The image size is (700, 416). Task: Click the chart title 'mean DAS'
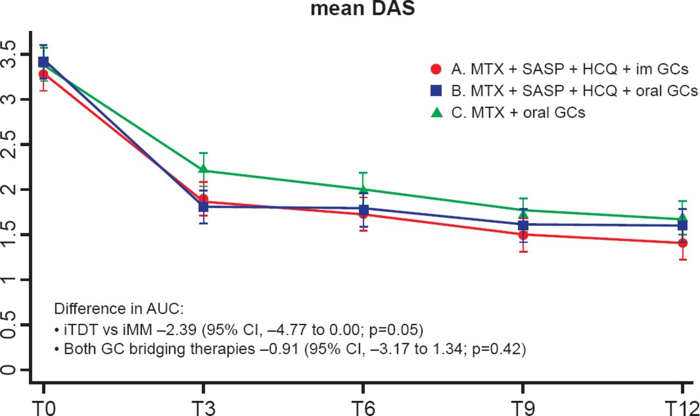tap(363, 9)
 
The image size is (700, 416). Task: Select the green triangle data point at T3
tap(203, 170)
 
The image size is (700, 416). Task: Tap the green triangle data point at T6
tap(363, 189)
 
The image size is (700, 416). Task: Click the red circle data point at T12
tap(682, 242)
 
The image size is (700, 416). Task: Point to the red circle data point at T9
tap(523, 235)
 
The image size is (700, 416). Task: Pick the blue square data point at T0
tap(43, 62)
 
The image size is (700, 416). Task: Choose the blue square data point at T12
tap(682, 225)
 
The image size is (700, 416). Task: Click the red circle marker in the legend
tap(436, 70)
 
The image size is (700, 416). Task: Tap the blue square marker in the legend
tap(436, 91)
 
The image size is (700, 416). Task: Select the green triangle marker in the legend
tap(436, 112)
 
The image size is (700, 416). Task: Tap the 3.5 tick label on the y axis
tap(9, 54)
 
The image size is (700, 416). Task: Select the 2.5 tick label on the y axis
tap(9, 145)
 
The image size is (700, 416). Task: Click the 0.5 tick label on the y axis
tap(9, 325)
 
